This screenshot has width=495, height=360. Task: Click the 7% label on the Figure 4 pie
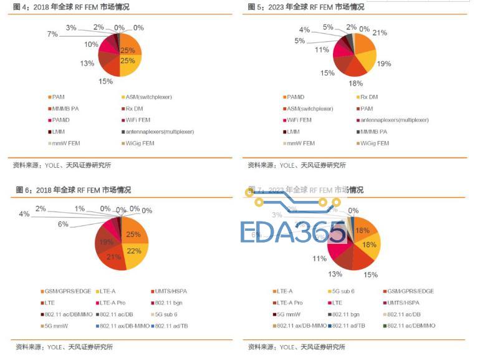(52, 34)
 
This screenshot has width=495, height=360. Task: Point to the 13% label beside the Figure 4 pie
(87, 63)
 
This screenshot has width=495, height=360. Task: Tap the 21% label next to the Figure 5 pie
(380, 32)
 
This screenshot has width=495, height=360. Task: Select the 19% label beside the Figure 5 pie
(384, 64)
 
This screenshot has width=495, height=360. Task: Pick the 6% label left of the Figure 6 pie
(63, 224)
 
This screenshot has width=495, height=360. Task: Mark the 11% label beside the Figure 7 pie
(319, 258)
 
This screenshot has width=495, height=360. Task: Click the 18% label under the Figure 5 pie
(355, 83)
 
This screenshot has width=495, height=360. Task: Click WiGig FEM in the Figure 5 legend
(375, 143)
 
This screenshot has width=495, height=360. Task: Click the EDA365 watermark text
(293, 231)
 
